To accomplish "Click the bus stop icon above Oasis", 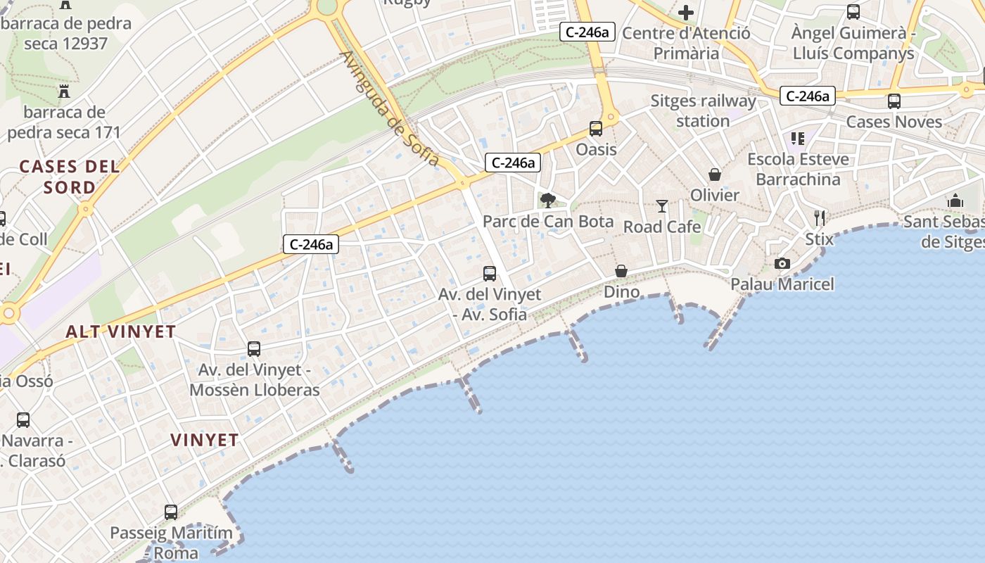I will point(596,128).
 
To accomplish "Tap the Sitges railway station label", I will point(703,110).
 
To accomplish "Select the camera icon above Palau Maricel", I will point(782,264).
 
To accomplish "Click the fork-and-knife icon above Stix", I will point(819,218).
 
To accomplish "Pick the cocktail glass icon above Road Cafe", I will point(662,205).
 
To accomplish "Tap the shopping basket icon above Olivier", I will point(715,175).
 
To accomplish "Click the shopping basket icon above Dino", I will point(621,271).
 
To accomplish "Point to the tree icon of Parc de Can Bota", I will point(547,201).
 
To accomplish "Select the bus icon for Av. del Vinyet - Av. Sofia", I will point(490,274).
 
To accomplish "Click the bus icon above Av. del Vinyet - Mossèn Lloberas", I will point(254,348).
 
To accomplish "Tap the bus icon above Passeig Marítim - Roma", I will point(171,512).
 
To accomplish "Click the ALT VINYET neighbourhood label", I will point(120,331).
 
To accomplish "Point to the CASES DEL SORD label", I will point(69,177).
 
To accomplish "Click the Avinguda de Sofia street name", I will point(390,109).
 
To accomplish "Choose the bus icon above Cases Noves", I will point(894,101).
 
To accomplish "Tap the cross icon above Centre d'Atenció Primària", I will point(686,12).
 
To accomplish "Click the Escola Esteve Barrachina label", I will point(798,169).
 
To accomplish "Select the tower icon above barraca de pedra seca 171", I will point(64,91).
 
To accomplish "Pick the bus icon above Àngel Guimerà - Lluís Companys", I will point(853,12).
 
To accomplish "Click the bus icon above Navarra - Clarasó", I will point(23,420).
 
